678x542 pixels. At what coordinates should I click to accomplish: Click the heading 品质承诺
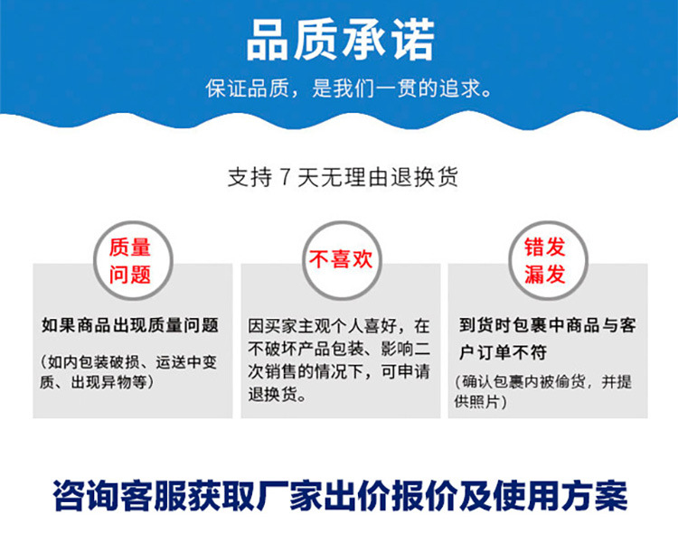click(340, 40)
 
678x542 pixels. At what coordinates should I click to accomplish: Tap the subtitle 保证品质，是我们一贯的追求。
click(348, 89)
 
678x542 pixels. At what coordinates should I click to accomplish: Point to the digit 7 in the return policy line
click(285, 177)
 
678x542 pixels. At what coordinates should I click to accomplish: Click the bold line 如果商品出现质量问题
click(129, 325)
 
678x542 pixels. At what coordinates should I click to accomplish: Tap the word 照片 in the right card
click(485, 401)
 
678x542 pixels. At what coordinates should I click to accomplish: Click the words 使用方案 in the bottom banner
click(560, 495)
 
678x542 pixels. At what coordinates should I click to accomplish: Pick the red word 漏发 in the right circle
click(545, 274)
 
